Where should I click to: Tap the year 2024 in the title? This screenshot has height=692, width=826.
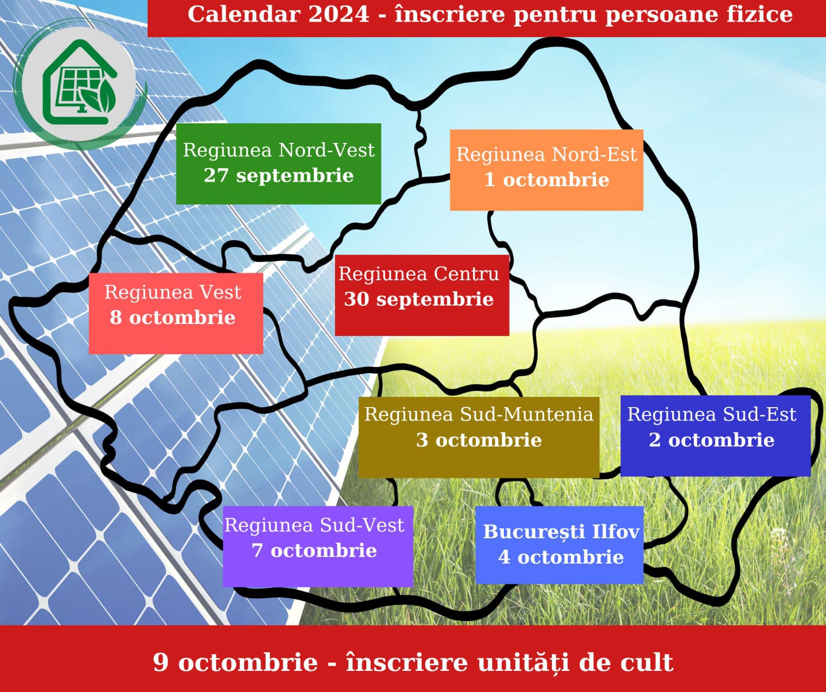(339, 14)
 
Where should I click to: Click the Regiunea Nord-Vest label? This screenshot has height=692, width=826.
(279, 150)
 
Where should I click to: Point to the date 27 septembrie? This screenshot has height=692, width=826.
(279, 175)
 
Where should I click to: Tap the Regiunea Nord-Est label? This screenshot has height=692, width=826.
(547, 154)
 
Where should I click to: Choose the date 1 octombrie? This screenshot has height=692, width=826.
(547, 180)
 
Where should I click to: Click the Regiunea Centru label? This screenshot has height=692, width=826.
(419, 273)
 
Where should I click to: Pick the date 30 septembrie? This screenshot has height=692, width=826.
(419, 299)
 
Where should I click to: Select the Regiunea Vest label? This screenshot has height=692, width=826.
(172, 292)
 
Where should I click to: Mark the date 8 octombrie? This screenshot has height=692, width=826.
(172, 317)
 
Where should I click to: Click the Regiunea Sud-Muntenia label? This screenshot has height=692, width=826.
(479, 414)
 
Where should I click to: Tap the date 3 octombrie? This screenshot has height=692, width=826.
(479, 440)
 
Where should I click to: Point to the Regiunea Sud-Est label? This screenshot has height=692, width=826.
(712, 414)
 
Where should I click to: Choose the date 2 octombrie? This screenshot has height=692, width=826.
(712, 440)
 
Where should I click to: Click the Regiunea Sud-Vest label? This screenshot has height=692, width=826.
(314, 525)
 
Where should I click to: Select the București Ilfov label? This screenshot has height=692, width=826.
(561, 532)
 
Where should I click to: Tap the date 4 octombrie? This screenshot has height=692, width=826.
(561, 557)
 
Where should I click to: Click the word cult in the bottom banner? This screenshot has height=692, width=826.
(647, 663)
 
